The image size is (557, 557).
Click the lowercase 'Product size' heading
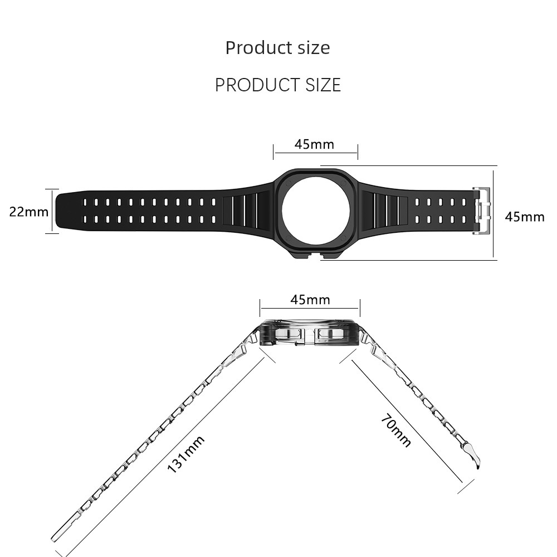[277, 47]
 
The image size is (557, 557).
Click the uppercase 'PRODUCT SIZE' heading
[278, 85]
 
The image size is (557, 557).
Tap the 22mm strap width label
[29, 212]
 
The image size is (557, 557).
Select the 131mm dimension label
[186, 455]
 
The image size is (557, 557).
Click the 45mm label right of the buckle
[525, 217]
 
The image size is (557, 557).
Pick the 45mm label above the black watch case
[314, 144]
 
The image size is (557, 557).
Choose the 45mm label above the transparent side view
[310, 300]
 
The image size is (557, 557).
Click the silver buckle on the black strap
[481, 211]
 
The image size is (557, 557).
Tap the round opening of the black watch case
[316, 211]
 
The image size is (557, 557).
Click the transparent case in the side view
[310, 333]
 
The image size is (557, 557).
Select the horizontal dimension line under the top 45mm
[315, 153]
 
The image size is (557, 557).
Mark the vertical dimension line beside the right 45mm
[493, 213]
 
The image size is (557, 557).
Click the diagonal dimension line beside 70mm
[407, 421]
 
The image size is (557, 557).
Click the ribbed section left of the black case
[248, 211]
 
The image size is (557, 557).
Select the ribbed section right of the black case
[385, 211]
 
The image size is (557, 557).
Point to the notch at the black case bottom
[316, 255]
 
